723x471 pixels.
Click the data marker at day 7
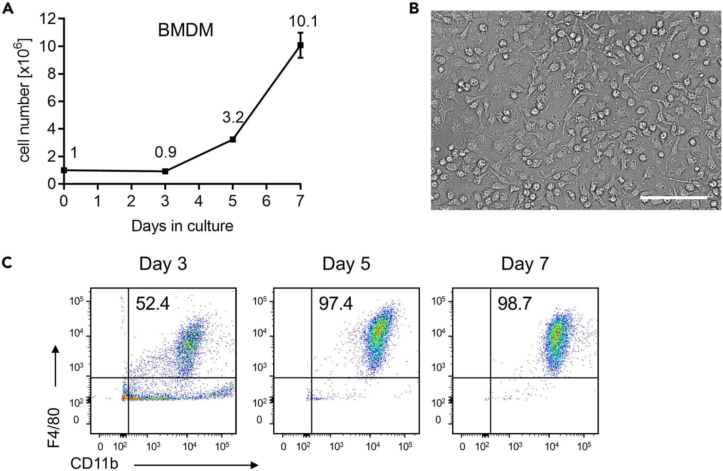300,46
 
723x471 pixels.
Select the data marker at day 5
232,139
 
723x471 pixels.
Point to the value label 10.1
303,22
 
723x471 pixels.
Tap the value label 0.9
166,152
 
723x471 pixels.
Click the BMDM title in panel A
185,30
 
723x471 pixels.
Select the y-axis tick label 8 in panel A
52,74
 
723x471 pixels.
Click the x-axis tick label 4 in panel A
199,201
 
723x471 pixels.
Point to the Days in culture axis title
182,226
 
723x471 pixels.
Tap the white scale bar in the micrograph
673,198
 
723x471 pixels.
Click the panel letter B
414,8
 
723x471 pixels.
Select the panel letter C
7,263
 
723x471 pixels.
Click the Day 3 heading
163,264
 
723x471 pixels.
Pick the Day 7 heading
525,264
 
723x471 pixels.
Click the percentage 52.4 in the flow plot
153,304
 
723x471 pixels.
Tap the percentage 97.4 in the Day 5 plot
336,304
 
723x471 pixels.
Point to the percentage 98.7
514,304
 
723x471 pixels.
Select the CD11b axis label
94,463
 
